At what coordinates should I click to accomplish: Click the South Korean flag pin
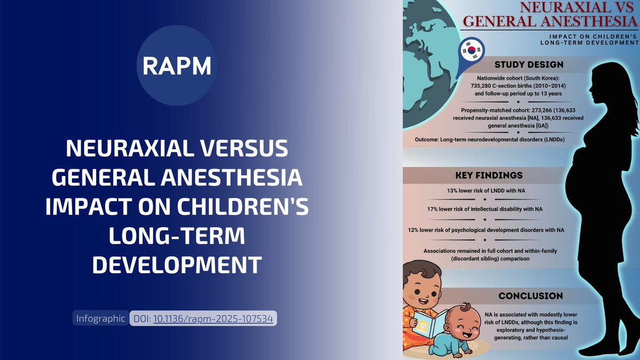coord(470,52)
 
